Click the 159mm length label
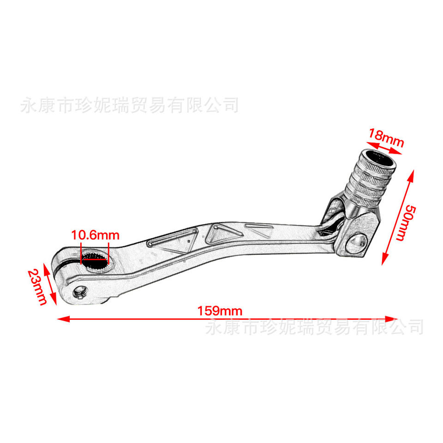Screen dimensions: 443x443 click(x=220, y=311)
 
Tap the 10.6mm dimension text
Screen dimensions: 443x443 click(x=95, y=235)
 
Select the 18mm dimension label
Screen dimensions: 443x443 click(x=386, y=137)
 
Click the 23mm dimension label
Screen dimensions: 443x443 click(x=36, y=287)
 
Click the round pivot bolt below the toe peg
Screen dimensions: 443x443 click(x=357, y=243)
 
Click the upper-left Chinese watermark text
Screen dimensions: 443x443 click(x=130, y=105)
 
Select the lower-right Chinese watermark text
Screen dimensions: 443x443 click(x=314, y=327)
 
